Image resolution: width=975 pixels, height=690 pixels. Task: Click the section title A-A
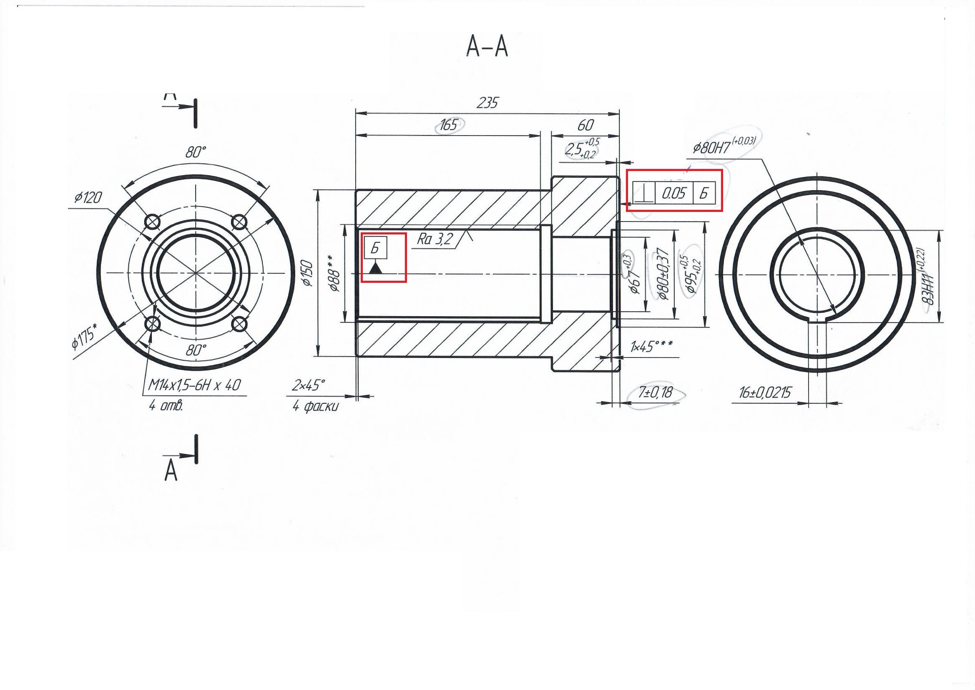[487, 46]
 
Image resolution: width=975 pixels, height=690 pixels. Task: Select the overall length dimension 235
[487, 103]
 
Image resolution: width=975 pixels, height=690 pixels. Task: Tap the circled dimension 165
[449, 124]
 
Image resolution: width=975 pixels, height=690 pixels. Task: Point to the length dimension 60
[585, 125]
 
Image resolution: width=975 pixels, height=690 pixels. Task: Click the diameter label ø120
[88, 198]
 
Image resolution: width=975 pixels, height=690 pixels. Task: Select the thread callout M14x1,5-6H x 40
[194, 385]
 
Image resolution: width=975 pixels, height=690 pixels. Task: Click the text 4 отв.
[166, 406]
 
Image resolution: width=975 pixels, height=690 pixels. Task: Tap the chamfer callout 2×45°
[308, 385]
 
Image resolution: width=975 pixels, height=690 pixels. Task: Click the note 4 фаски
[315, 407]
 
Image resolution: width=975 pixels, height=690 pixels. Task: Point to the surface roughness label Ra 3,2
[435, 239]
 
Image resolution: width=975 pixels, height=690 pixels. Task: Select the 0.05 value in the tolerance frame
[673, 194]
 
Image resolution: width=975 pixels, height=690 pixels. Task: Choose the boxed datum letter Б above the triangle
[375, 248]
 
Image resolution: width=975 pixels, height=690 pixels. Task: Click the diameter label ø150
[307, 273]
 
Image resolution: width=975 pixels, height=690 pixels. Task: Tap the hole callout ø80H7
[712, 148]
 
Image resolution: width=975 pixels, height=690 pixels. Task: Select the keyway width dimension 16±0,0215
[765, 393]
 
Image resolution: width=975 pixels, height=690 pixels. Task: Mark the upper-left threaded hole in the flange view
[153, 222]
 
